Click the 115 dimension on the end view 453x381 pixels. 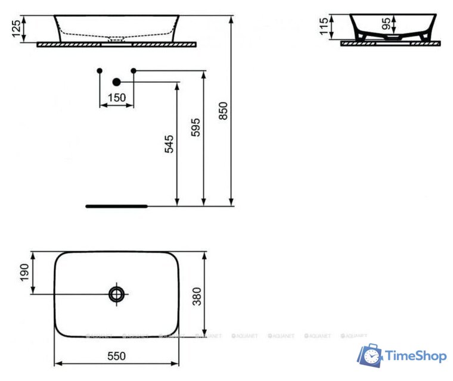[324, 27]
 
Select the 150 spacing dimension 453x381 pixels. [117, 98]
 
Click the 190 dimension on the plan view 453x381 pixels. [24, 274]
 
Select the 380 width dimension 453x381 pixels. [197, 295]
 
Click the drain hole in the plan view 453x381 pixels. [116, 293]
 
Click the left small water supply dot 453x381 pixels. [99, 71]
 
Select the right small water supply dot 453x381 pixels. [134, 71]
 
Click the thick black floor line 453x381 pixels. [116, 206]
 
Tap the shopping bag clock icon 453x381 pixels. [370, 355]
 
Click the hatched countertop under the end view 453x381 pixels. [390, 43]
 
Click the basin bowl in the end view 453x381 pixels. [390, 24]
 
